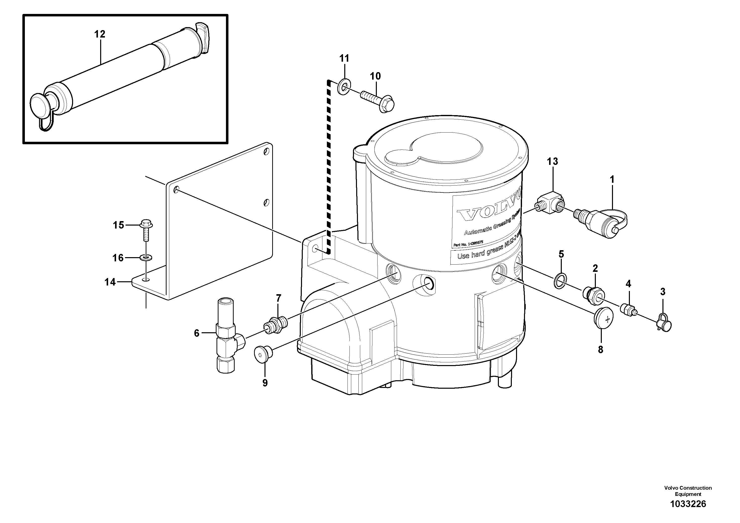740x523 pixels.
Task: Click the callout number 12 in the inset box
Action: point(100,34)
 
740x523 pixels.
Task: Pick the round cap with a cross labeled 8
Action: point(603,318)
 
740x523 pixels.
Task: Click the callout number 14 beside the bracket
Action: point(110,282)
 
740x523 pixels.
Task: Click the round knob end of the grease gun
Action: point(39,104)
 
